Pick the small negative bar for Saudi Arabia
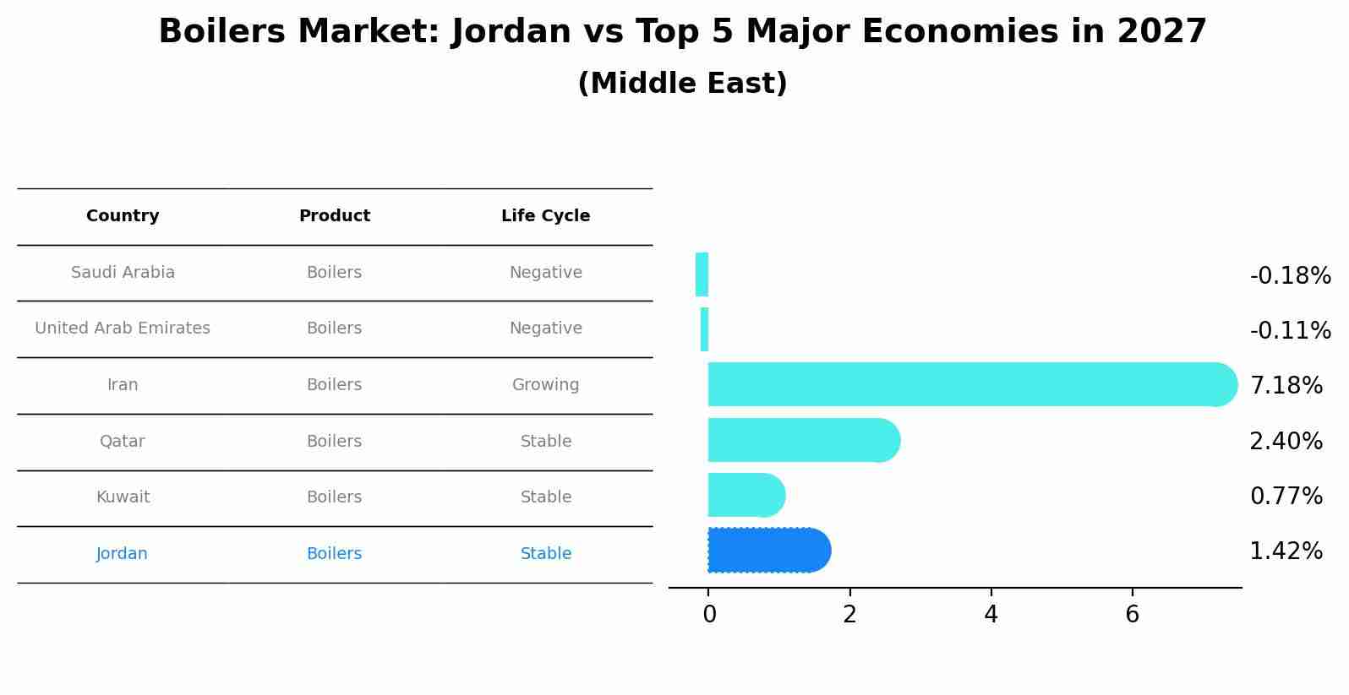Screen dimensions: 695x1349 point(702,274)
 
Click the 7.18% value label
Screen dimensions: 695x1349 point(1286,386)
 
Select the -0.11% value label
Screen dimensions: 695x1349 point(1290,330)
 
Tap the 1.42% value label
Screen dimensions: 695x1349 point(1286,551)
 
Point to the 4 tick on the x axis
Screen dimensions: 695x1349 point(991,615)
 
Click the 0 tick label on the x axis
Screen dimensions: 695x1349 point(709,615)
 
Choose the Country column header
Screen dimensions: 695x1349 point(123,216)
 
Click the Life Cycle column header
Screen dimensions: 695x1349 point(545,216)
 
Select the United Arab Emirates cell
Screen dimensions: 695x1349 point(123,328)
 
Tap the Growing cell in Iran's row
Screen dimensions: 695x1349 point(545,385)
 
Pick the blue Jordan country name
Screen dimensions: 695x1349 point(122,554)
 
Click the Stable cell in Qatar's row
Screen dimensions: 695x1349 point(545,442)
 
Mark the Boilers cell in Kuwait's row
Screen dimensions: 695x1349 point(334,497)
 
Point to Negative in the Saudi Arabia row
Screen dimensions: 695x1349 point(545,273)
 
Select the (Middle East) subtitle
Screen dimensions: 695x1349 point(682,84)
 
